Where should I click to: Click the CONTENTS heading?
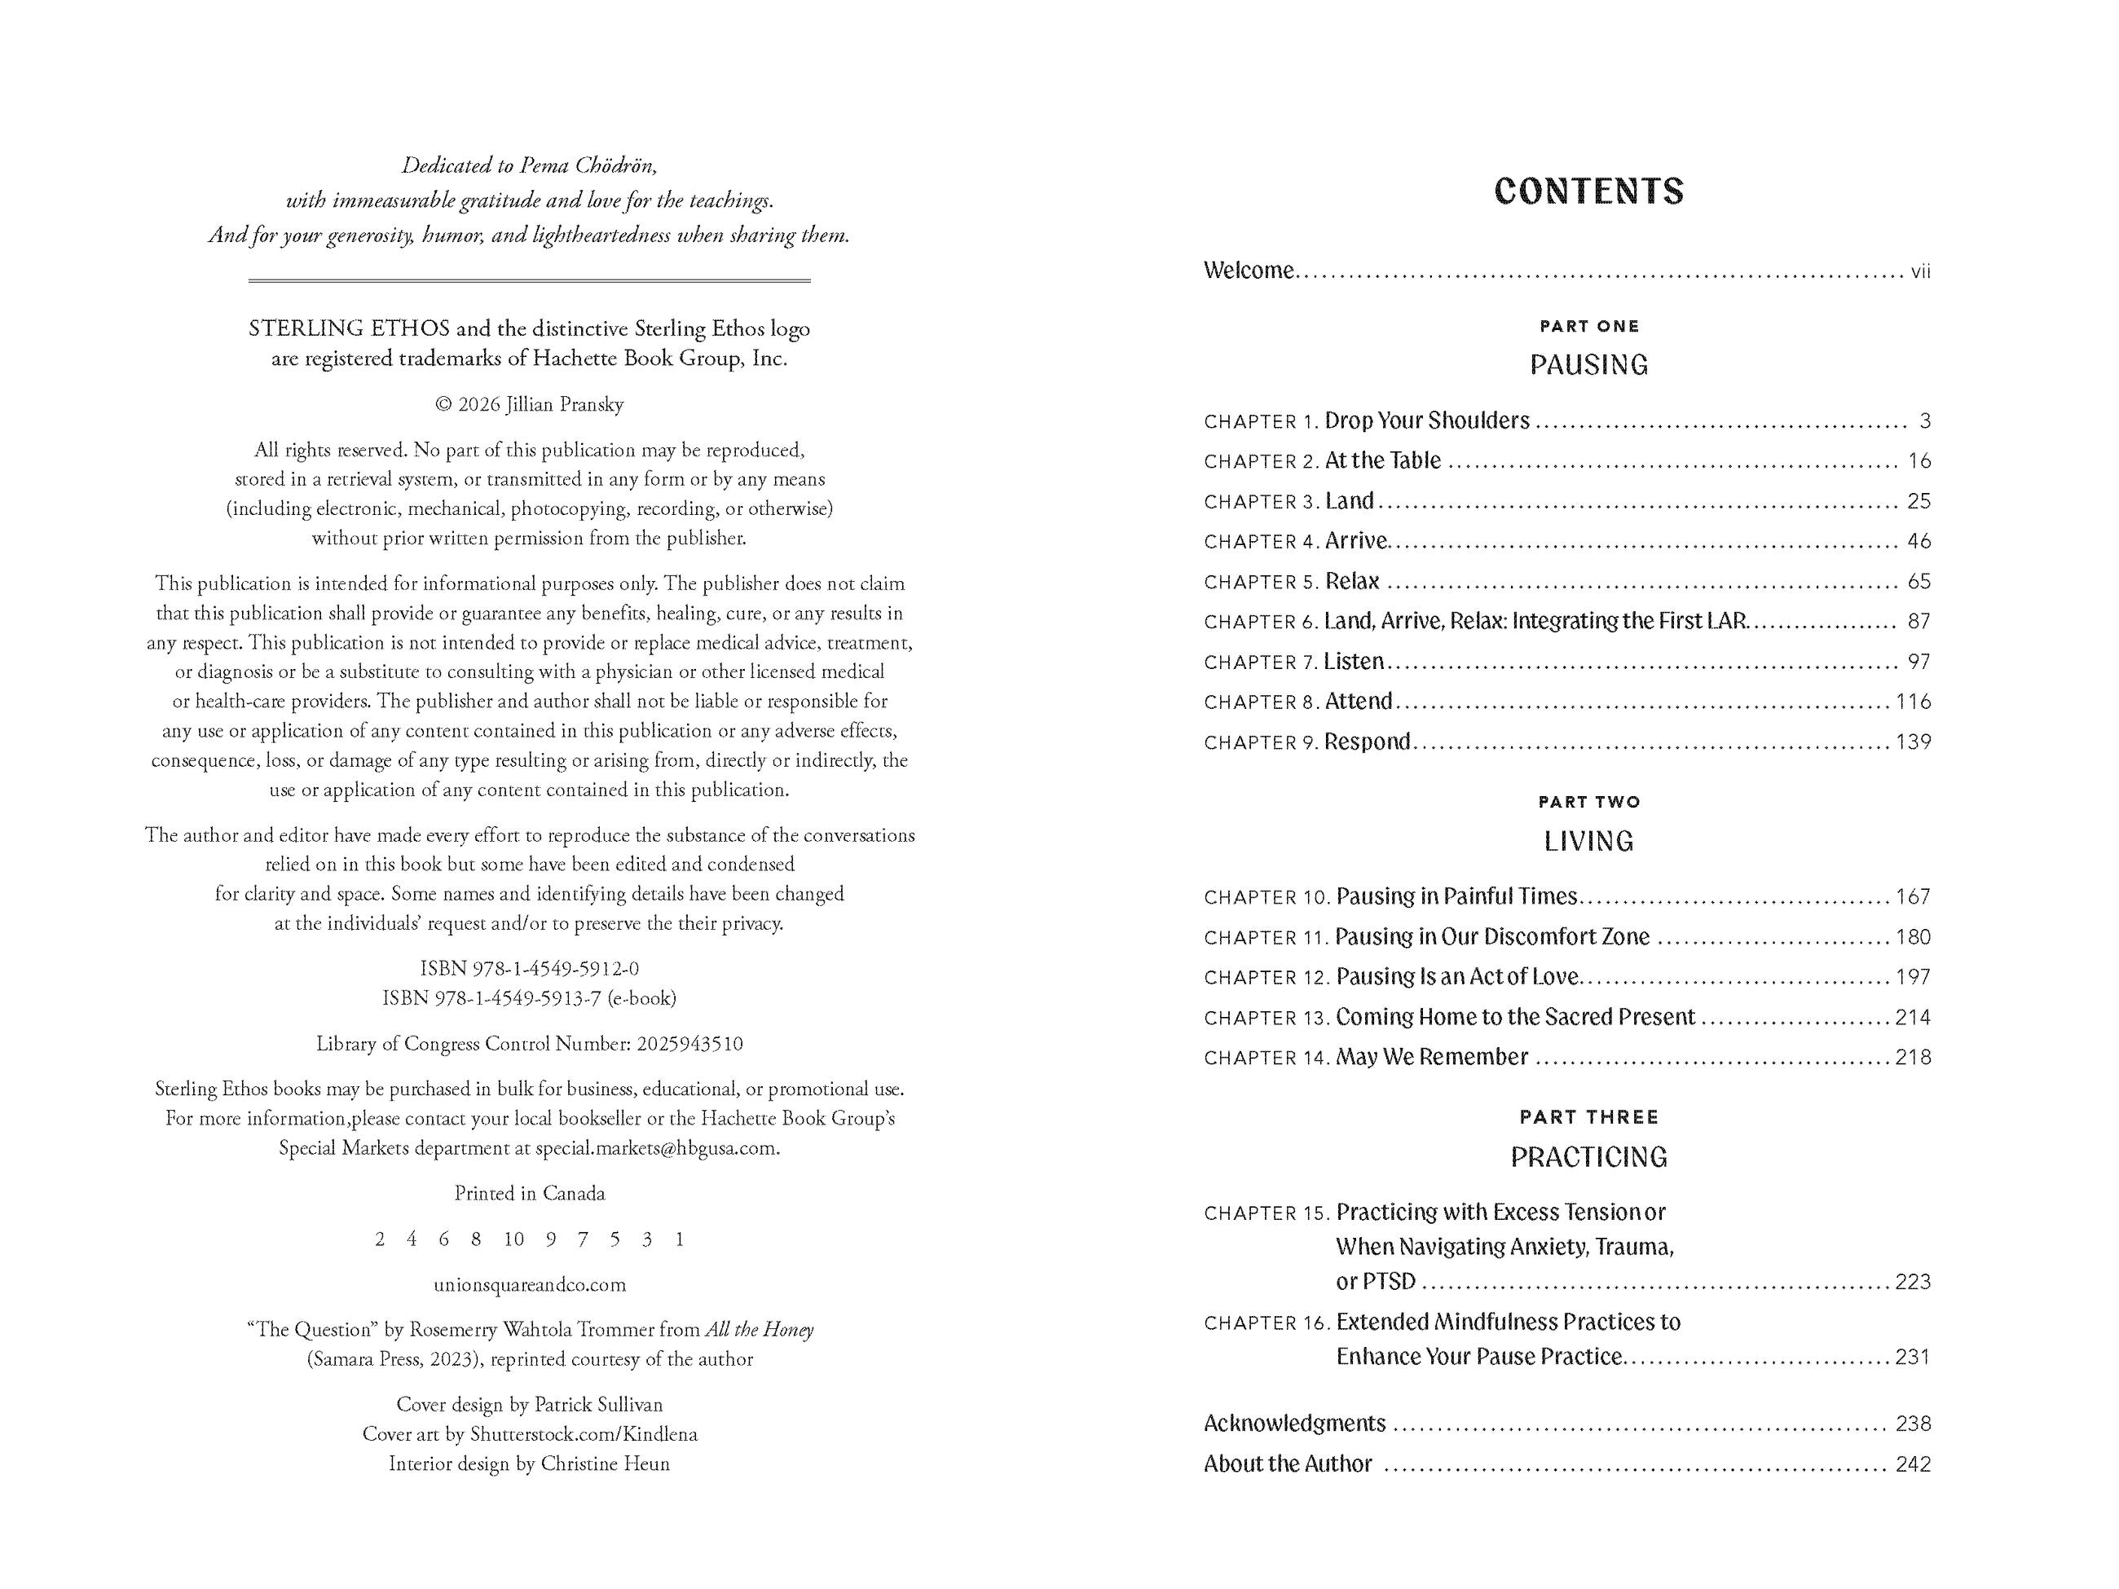[1588, 191]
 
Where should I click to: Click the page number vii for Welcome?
[1920, 272]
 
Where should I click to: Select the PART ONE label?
[1588, 327]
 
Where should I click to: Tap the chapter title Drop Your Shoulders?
[1426, 420]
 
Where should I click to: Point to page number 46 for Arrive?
[1919, 541]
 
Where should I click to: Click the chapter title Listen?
[1354, 662]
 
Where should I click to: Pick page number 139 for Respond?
[1912, 742]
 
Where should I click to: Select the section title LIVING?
[1588, 841]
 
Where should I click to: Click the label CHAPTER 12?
[1267, 978]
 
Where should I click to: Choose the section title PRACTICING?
[1588, 1157]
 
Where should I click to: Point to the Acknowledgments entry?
[1294, 1424]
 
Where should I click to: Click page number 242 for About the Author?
[1912, 1464]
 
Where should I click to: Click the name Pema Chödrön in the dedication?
[588, 165]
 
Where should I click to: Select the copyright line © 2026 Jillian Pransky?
[529, 404]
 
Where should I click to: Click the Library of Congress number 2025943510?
[687, 1044]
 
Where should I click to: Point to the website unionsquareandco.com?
[529, 1284]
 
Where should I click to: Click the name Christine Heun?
[605, 1464]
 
